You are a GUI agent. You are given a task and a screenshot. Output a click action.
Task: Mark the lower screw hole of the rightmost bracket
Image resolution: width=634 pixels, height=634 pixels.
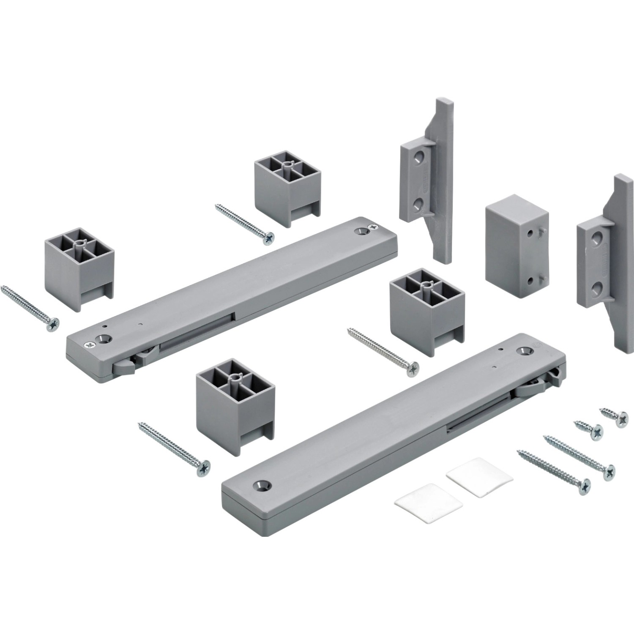click(x=596, y=288)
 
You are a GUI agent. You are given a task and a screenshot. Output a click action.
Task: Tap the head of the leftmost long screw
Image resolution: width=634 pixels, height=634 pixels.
click(x=54, y=323)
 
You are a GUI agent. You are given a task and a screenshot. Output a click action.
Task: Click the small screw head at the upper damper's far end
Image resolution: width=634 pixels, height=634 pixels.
click(x=374, y=227)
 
